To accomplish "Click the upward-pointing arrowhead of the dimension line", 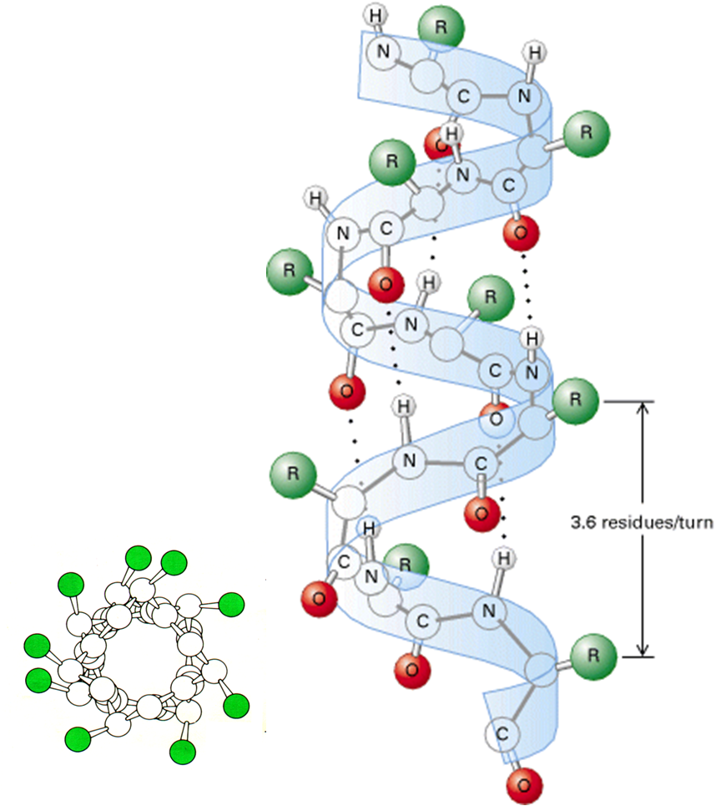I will pos(643,409).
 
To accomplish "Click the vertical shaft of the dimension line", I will pos(643,468).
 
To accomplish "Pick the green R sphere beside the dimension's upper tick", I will pos(575,400).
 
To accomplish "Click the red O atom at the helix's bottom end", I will pos(523,784).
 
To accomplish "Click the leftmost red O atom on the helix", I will pos(319,596).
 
